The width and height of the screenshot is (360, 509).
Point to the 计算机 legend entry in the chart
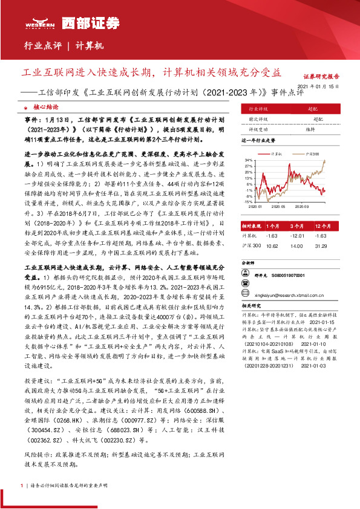[x=277, y=155]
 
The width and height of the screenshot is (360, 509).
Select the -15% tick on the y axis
[x=248, y=202]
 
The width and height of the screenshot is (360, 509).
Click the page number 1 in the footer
[x=22, y=485]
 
